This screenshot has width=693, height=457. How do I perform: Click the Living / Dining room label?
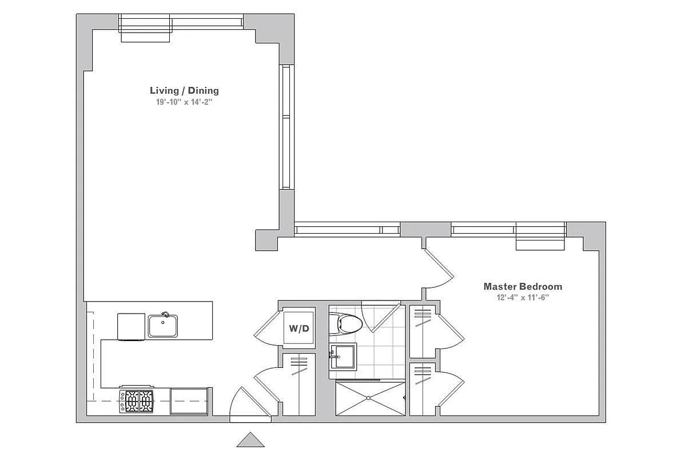pyautogui.click(x=184, y=90)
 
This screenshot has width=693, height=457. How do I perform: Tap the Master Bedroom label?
pyautogui.click(x=523, y=287)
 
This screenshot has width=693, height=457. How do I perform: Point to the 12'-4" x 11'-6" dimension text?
pyautogui.click(x=523, y=298)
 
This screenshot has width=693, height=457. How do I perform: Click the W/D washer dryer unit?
pyautogui.click(x=299, y=328)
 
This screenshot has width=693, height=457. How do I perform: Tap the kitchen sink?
pyautogui.click(x=163, y=326)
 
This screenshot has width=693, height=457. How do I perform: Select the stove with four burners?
pyautogui.click(x=137, y=400)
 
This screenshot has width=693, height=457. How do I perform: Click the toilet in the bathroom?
pyautogui.click(x=349, y=324)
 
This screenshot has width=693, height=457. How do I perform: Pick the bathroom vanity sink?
pyautogui.click(x=344, y=356)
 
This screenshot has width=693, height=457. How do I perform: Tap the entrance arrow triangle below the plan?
pyautogui.click(x=250, y=440)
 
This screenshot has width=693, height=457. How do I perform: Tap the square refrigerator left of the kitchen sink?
pyautogui.click(x=131, y=326)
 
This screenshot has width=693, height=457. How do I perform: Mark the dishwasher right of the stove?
pyautogui.click(x=189, y=400)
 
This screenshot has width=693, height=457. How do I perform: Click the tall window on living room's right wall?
pyautogui.click(x=286, y=127)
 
